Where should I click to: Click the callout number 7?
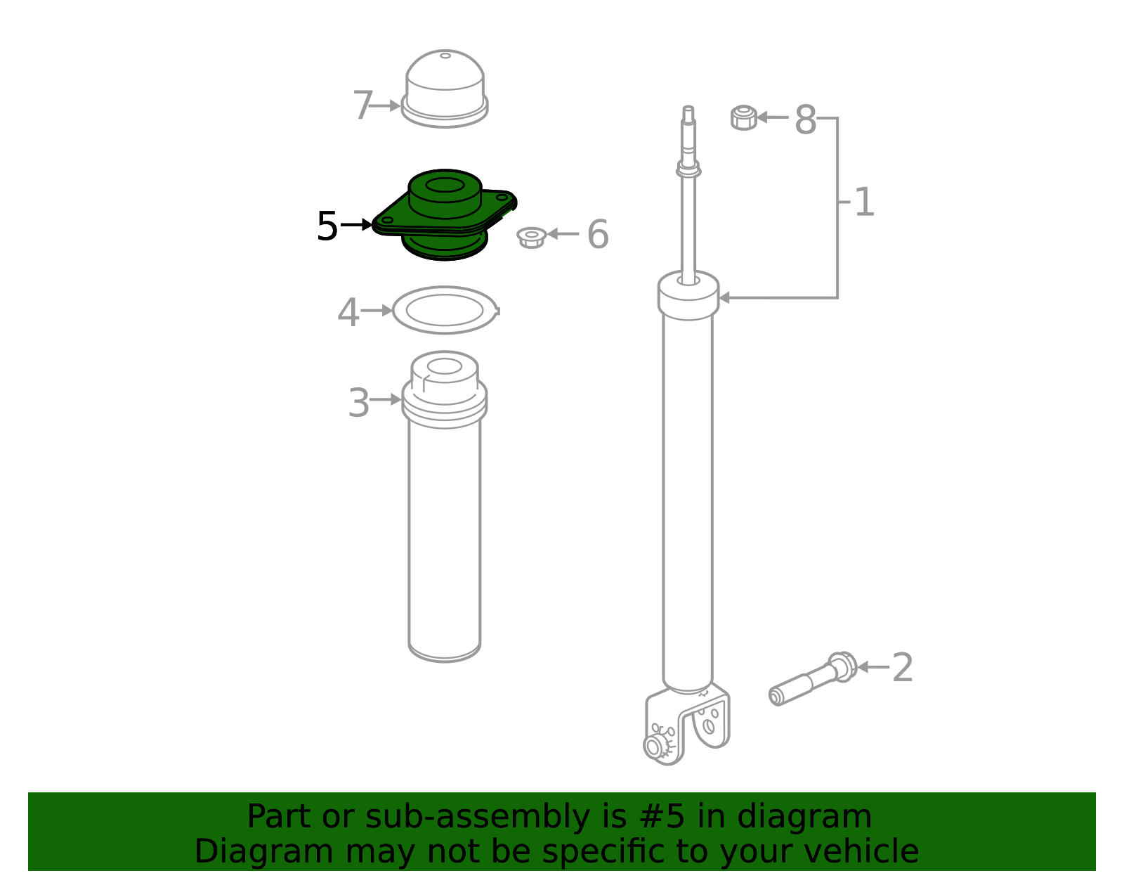pos(362,105)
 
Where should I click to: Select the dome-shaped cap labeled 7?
pos(444,89)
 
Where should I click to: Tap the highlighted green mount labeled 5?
pos(444,214)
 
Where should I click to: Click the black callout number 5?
pos(327,226)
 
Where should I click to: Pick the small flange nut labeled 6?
pos(532,237)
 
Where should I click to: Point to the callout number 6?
pos(598,234)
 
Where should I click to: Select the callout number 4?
pos(348,312)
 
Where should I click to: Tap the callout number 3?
pos(358,402)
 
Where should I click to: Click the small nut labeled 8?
pos(744,117)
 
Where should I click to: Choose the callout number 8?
pos(805,120)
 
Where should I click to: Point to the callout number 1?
pos(864,202)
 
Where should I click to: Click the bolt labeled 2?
pos(812,678)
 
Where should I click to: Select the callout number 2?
pos(903,667)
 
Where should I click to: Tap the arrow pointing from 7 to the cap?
pos(386,105)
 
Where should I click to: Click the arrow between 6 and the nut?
pos(563,234)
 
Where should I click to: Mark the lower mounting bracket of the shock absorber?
pos(687,724)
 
